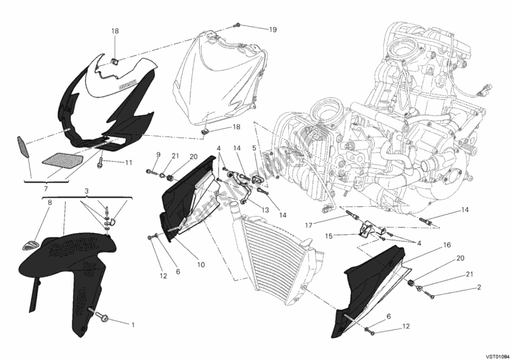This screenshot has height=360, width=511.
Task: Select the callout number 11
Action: [x=128, y=163]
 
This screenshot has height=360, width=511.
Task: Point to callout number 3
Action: [x=87, y=191]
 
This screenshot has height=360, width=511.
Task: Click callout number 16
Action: [x=447, y=244]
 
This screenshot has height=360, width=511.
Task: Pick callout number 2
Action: [x=477, y=287]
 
